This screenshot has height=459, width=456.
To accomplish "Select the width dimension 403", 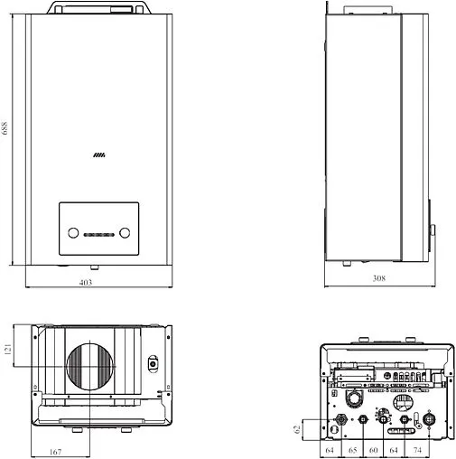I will click(86, 283).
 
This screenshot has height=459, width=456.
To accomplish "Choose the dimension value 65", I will click(353, 450).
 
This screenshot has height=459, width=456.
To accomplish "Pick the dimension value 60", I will click(374, 450).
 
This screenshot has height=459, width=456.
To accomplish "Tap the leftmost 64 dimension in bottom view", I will click(330, 450).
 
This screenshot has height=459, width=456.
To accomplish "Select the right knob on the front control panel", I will click(126, 233).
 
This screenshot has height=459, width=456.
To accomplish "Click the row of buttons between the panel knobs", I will click(98, 235).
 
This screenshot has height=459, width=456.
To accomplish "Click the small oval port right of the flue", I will click(152, 364).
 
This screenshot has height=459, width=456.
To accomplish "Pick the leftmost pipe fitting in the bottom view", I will click(341, 420).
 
